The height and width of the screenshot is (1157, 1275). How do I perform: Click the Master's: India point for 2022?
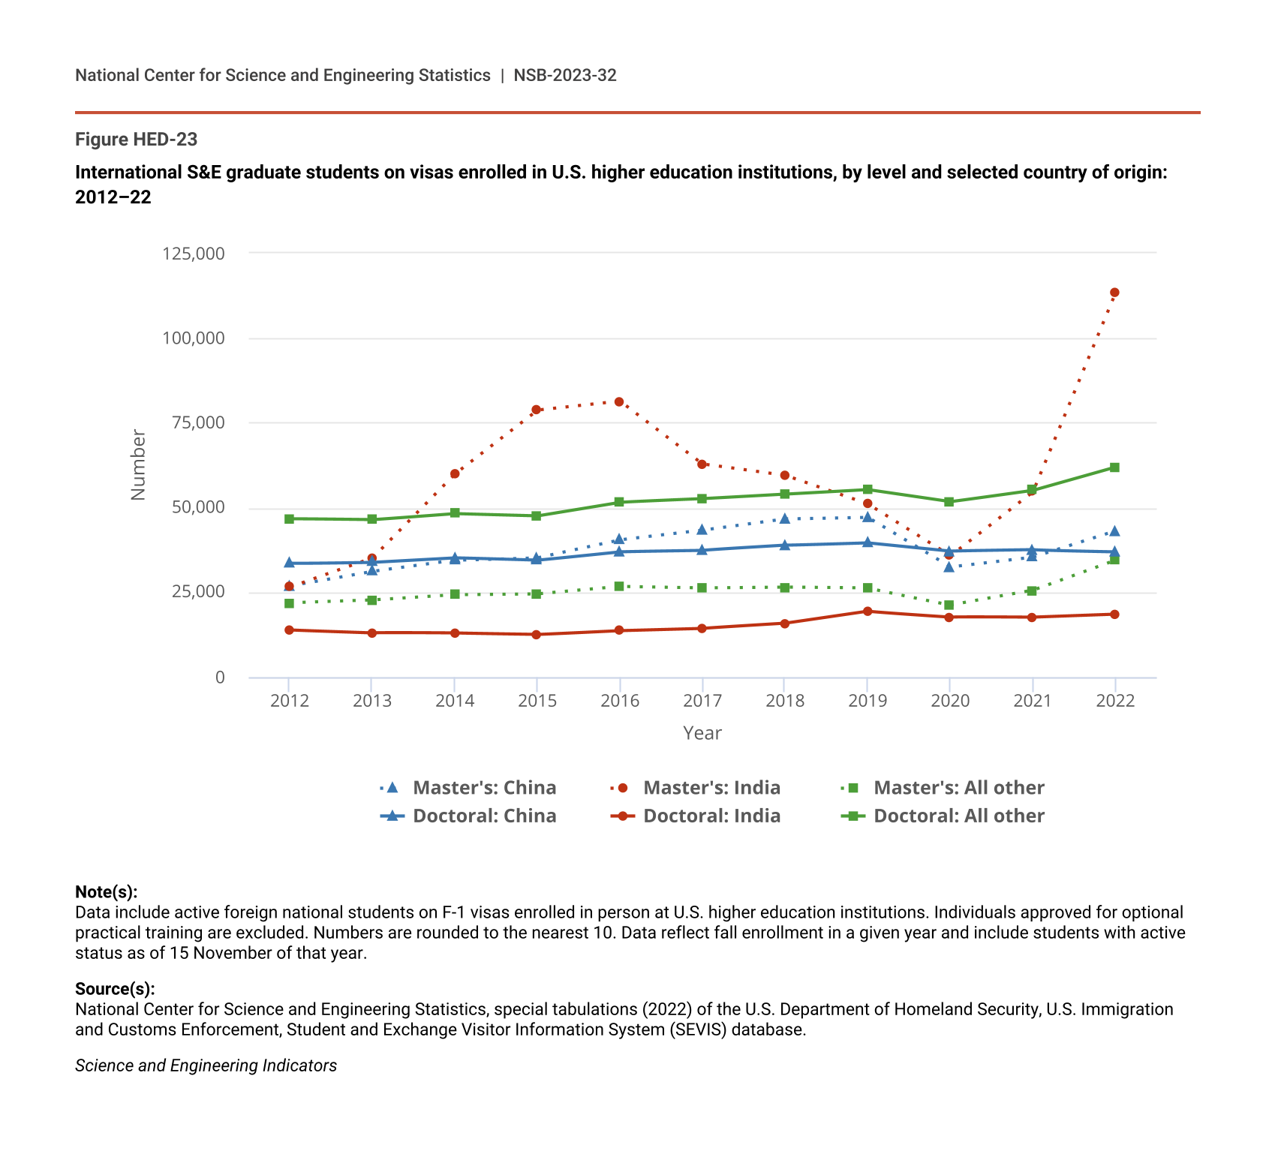coord(1114,293)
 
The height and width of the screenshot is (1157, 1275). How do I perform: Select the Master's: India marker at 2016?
coord(619,402)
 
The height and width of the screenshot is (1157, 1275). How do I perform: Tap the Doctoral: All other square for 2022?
coord(1114,467)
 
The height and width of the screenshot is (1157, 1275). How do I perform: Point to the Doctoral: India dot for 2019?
coord(868,612)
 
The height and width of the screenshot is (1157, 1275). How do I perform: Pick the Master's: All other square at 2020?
coord(949,605)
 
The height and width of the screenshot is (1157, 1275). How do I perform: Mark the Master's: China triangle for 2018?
coord(785,518)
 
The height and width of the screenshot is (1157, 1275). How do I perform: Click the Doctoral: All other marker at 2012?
coord(290,519)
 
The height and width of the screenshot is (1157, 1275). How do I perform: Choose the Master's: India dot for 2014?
coord(455,474)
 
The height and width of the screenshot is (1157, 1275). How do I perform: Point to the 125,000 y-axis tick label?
coord(194,254)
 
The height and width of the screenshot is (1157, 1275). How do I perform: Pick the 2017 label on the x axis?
coord(702,701)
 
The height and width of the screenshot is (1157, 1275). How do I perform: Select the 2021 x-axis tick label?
coord(1033,701)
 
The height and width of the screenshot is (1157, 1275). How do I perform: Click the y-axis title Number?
coord(138,465)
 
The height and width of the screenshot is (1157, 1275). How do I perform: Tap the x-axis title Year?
coord(702,733)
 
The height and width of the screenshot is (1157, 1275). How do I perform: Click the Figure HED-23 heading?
coord(136,140)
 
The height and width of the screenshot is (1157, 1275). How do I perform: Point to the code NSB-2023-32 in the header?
coord(565,75)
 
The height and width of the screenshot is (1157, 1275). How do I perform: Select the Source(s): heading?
coord(115,989)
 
